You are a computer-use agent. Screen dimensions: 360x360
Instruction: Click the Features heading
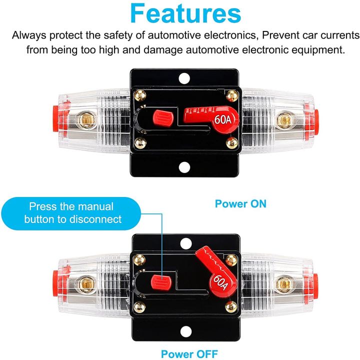[179, 14]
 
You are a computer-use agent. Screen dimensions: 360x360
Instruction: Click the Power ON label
[240, 203]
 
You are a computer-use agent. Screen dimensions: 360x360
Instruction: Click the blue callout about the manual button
[71, 212]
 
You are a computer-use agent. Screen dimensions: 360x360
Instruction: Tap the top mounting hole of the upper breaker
[184, 78]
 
